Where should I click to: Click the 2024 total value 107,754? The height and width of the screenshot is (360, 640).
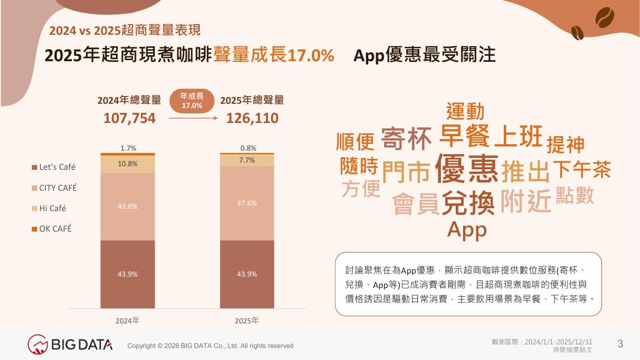130,118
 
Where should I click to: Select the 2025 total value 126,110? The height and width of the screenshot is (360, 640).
253,118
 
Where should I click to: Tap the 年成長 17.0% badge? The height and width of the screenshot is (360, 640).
192,100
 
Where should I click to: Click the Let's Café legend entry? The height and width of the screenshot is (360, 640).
54,167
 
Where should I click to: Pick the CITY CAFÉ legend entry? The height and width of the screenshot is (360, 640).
55,188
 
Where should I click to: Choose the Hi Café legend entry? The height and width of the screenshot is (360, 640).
49,208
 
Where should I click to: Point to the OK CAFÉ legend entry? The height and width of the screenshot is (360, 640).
52,229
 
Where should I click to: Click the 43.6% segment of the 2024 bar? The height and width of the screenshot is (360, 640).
128,206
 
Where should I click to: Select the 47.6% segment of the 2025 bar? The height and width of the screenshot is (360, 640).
247,203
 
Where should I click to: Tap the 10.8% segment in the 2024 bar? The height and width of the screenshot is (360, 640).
128,164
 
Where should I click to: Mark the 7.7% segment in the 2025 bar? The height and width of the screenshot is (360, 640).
247,160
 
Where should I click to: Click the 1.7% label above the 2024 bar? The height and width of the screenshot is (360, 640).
128,148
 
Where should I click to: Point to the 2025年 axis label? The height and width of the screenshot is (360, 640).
247,321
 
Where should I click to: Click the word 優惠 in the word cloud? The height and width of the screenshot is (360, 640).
467,169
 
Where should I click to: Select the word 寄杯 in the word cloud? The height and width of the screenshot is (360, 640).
406,139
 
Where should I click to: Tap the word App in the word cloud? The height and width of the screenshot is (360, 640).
467,229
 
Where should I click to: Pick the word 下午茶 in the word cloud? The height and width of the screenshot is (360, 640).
582,169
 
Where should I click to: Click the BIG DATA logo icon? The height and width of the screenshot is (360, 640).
38,344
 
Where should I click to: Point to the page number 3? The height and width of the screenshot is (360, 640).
620,344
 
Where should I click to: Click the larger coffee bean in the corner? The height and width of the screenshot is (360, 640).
605,17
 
